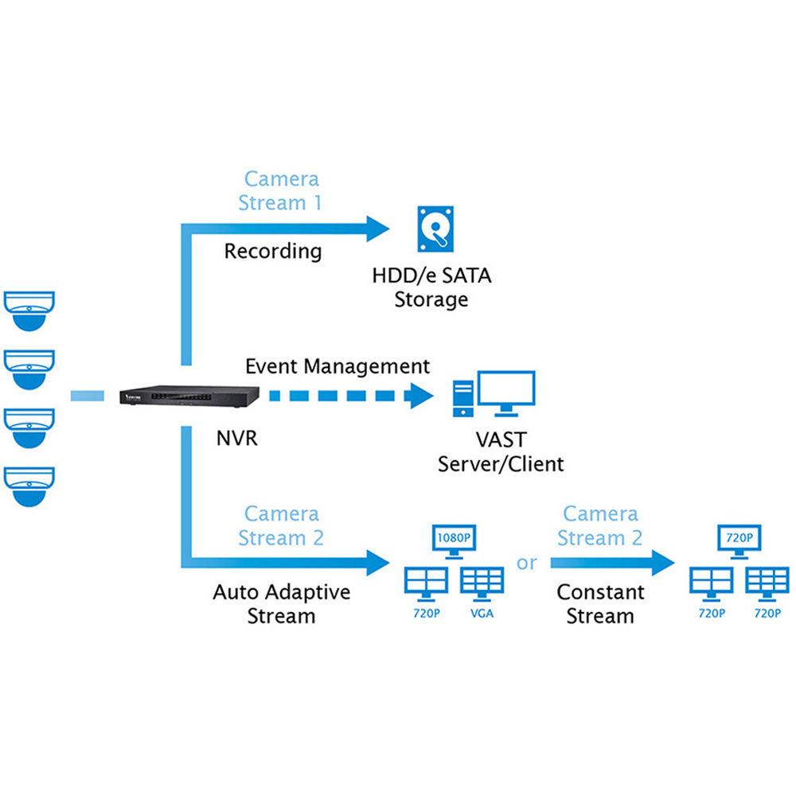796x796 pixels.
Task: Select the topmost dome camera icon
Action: [x=31, y=310]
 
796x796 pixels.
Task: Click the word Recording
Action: [x=273, y=252]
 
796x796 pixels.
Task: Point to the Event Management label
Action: [x=337, y=367]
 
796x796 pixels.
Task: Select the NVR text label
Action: [x=236, y=438]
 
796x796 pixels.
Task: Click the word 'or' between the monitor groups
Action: [x=527, y=563]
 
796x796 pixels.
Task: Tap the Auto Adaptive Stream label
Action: [x=281, y=604]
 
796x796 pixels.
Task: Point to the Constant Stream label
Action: [x=600, y=604]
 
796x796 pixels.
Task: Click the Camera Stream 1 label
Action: [x=281, y=190]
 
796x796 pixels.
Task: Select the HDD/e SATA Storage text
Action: [x=431, y=288]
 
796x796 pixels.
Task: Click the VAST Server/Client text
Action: [x=501, y=451]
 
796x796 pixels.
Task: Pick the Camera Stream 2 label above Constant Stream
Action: [x=599, y=526]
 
